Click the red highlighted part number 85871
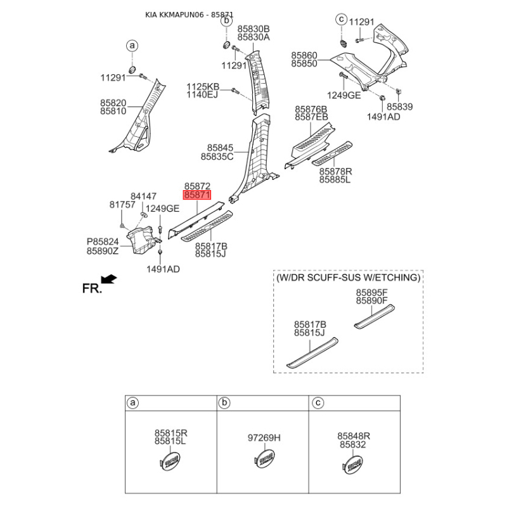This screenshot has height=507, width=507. [197, 196]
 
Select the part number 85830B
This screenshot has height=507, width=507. [253, 29]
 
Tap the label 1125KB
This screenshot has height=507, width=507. [202, 86]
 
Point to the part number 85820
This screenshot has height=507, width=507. [113, 103]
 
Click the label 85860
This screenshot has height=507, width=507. [304, 56]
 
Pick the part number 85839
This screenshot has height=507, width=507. [400, 107]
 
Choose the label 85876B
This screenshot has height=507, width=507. [311, 110]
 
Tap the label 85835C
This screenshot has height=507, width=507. [217, 156]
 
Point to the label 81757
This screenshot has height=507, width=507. [122, 205]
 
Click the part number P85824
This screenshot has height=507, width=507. [103, 242]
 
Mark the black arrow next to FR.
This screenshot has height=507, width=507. [110, 278]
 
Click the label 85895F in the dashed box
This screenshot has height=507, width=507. [371, 292]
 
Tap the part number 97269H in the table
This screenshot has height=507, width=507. [264, 438]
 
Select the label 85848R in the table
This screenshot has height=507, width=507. [354, 436]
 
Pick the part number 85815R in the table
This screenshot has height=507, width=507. [170, 433]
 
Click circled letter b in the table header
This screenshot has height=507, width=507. [224, 403]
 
